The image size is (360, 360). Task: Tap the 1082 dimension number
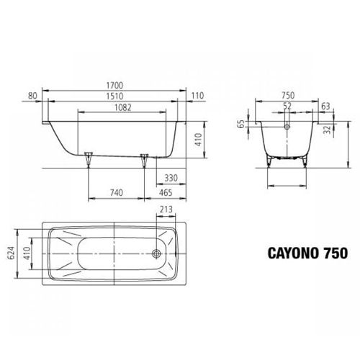[115, 107]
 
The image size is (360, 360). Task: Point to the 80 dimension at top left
[33, 96]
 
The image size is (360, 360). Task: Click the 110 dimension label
[197, 96]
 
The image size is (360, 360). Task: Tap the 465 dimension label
[165, 193]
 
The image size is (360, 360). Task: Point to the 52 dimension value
[287, 107]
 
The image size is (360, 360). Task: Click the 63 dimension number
[326, 107]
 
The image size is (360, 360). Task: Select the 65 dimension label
[243, 125]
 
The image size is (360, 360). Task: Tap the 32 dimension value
[328, 130]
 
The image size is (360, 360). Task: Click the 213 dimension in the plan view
[166, 210]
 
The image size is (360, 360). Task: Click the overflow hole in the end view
[287, 125]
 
